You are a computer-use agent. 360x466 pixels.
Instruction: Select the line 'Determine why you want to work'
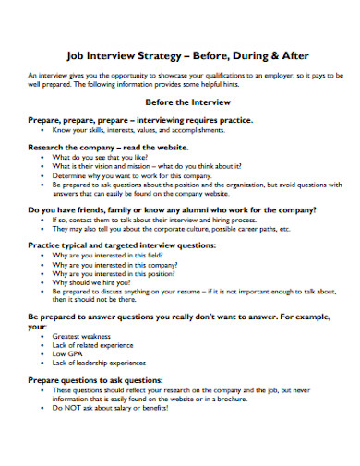[x=120, y=175]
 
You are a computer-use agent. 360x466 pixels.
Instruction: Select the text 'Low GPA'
[x=66, y=354]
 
